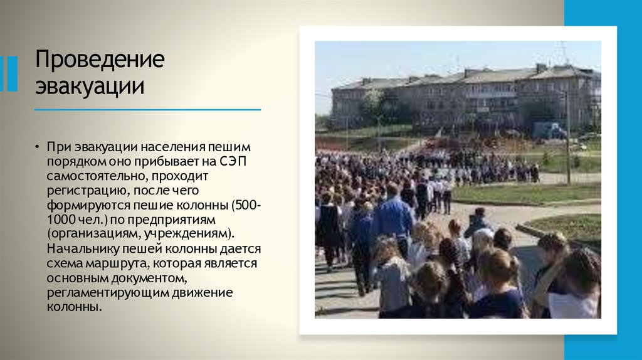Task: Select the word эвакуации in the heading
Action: [90, 86]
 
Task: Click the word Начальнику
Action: [80, 249]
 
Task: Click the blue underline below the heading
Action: [147, 110]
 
